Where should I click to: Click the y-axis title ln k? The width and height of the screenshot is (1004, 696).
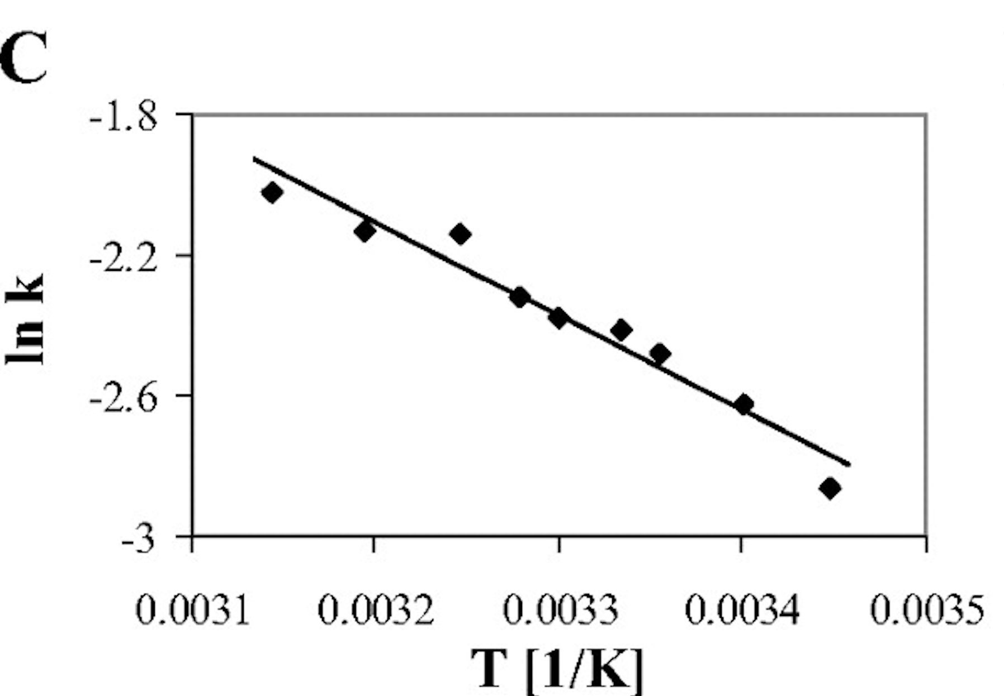tap(25, 318)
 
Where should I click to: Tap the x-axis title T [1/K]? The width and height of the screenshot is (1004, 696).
tap(557, 669)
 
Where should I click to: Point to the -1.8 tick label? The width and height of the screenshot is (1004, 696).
tap(124, 118)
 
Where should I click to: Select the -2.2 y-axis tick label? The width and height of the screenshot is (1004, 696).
tap(124, 259)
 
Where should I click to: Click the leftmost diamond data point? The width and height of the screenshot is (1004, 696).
tap(272, 193)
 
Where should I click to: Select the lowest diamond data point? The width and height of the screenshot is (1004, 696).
tap(830, 488)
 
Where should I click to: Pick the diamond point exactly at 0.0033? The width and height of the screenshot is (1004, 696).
tap(558, 318)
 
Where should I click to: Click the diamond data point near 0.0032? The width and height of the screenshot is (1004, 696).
tap(364, 231)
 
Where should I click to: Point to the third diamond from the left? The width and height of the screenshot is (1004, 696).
tap(461, 234)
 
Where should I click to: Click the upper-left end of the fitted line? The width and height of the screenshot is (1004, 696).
tap(254, 159)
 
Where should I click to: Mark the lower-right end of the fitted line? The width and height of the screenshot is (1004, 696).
tap(849, 464)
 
